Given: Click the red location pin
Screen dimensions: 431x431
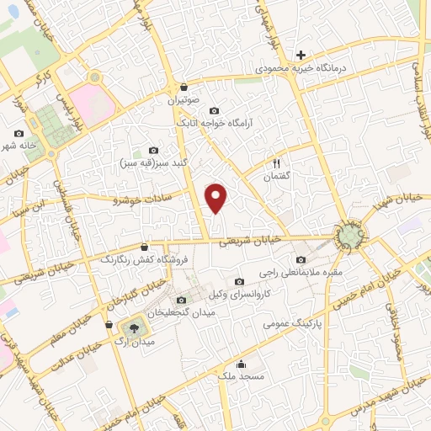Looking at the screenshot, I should [217, 198].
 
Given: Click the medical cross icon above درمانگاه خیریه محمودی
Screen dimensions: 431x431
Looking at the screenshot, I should [301, 54].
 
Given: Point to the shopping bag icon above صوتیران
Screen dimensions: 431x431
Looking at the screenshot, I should [184, 88].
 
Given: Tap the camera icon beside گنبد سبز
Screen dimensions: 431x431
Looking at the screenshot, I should [152, 150].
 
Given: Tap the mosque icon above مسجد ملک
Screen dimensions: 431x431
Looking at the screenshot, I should [242, 364].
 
